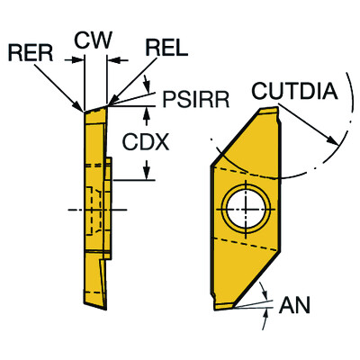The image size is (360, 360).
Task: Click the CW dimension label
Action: [93, 40]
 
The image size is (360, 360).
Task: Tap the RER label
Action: [31, 53]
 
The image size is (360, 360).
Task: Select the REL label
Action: [166, 48]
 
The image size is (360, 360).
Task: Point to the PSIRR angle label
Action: [195, 99]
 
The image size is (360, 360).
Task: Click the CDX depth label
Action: [146, 142]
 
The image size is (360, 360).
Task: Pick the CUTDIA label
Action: [294, 91]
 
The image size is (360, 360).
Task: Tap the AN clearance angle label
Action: [294, 305]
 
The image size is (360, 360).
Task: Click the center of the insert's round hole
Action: [246, 209]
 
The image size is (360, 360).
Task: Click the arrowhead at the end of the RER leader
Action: [79, 107]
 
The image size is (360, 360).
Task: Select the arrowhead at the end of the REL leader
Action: [112, 101]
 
